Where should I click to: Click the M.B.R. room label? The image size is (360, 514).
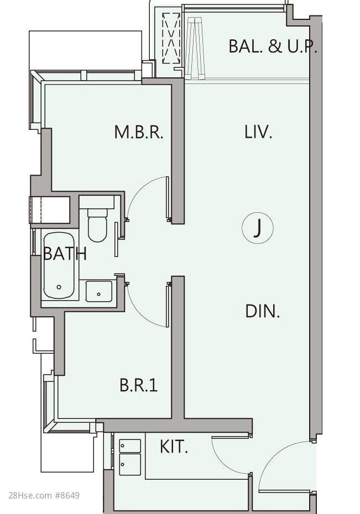(139, 132)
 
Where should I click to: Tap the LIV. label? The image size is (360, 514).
(258, 132)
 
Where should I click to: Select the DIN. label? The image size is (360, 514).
(263, 311)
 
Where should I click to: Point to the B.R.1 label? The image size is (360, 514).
(139, 385)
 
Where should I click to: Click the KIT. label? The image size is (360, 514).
(174, 447)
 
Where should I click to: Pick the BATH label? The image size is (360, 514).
(65, 253)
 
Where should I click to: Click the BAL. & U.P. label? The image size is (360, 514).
(273, 46)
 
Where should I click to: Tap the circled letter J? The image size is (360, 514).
(258, 228)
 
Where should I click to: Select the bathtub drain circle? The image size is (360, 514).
(59, 287)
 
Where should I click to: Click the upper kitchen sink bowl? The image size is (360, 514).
(130, 446)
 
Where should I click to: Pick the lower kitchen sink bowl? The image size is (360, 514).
(130, 464)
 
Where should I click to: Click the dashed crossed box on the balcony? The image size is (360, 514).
(171, 38)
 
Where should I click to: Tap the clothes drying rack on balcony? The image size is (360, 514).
(195, 48)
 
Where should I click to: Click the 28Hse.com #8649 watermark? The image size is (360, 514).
(44, 495)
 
